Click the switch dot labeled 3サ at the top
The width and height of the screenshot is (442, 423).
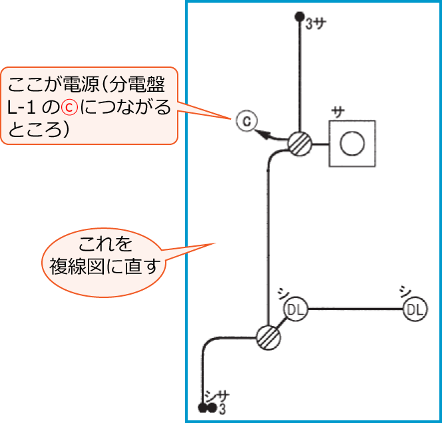click(x=300, y=18)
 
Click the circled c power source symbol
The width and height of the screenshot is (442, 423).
click(x=246, y=121)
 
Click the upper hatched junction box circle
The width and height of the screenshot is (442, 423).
click(x=300, y=143)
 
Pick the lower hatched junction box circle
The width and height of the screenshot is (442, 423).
click(x=268, y=337)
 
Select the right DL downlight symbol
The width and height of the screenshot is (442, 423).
click(x=415, y=309)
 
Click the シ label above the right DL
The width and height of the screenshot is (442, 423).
click(x=403, y=291)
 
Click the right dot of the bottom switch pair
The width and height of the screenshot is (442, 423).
click(x=212, y=408)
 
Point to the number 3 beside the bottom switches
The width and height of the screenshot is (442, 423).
click(x=221, y=408)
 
